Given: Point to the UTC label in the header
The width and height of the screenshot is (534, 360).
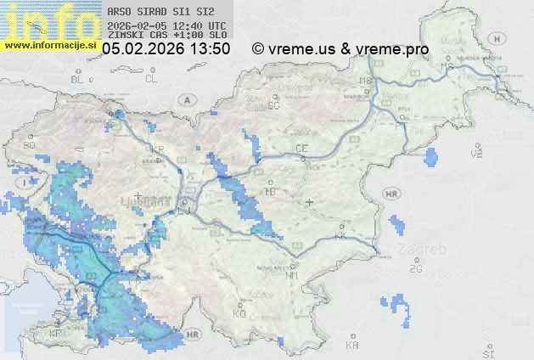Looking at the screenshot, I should pyautogui.click(x=216, y=25).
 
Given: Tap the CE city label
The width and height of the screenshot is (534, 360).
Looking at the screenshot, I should pyautogui.click(x=301, y=149).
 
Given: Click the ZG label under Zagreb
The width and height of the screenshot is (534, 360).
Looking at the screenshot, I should pyautogui.click(x=415, y=269).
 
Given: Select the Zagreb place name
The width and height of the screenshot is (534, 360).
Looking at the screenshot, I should pyautogui.click(x=427, y=250).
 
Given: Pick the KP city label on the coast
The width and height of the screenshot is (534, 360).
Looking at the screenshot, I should pyautogui.click(x=56, y=334).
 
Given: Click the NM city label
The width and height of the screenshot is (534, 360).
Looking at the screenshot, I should pyautogui.click(x=292, y=275).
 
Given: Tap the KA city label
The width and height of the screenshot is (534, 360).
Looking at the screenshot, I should pyautogui.click(x=352, y=346).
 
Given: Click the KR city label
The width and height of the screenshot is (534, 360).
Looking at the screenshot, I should pyautogui.click(x=157, y=149).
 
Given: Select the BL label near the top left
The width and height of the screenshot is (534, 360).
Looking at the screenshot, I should pyautogui.click(x=79, y=79).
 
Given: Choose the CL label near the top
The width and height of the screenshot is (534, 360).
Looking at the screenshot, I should pyautogui.click(x=151, y=79).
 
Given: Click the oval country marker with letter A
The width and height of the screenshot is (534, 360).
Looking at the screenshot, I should pyautogui.click(x=186, y=99).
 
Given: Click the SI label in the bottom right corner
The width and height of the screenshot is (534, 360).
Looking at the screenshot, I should pyautogui.click(x=487, y=352).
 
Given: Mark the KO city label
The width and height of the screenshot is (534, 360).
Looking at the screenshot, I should pyautogui.click(x=239, y=313).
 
